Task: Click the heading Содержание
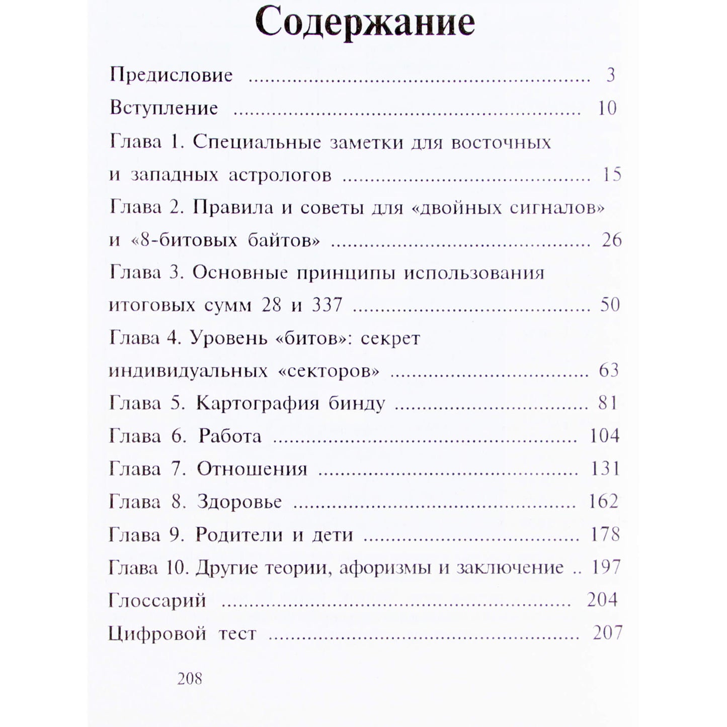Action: pyautogui.click(x=365, y=23)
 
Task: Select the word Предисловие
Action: pyautogui.click(x=171, y=75)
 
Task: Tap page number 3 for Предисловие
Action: pyautogui.click(x=611, y=75)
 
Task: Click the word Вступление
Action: pyautogui.click(x=164, y=108)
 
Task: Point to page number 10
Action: pyautogui.click(x=607, y=108)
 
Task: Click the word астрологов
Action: pyautogui.click(x=280, y=175)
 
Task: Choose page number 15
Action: pyautogui.click(x=612, y=175)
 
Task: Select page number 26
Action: pyautogui.click(x=612, y=240)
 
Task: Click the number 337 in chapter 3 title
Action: pyautogui.click(x=327, y=305)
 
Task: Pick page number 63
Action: pyautogui.click(x=609, y=370)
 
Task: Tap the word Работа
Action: pyautogui.click(x=230, y=436)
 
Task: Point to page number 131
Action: pyautogui.click(x=604, y=469)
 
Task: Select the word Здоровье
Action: pyautogui.click(x=239, y=502)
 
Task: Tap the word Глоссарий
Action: pyautogui.click(x=157, y=600)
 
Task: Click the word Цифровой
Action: pyautogui.click(x=157, y=633)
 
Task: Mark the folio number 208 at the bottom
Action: pyautogui.click(x=190, y=679)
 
